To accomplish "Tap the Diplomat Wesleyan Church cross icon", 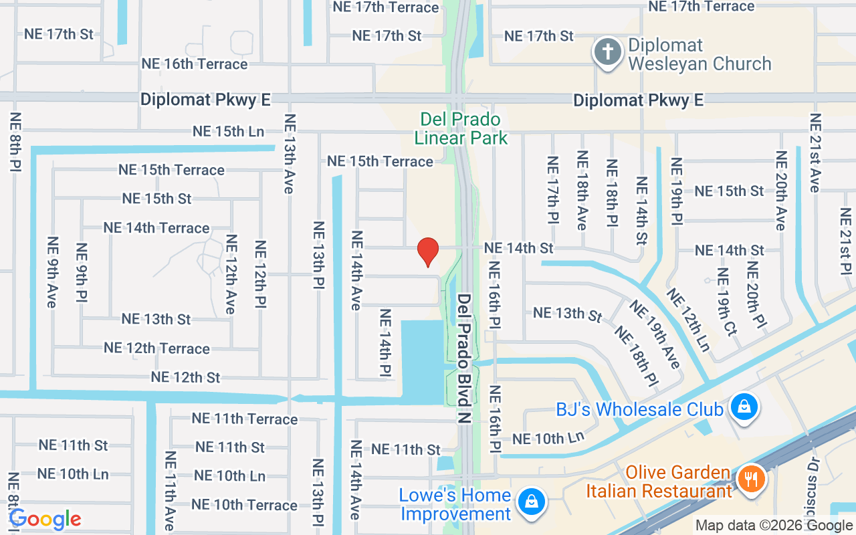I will (x=608, y=52).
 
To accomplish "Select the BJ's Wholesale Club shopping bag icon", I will (x=743, y=407).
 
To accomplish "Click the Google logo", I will (x=45, y=519).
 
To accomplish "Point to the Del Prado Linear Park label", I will (x=461, y=128).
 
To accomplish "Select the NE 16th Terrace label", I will (x=195, y=64).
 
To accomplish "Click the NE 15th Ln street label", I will (x=228, y=131).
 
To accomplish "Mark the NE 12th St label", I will (x=185, y=377).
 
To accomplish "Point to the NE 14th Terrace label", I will (x=156, y=228).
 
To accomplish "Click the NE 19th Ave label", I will (x=654, y=334).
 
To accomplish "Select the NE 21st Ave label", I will (x=815, y=152).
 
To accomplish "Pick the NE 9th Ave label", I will (x=51, y=272).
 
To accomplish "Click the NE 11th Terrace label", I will (x=245, y=419).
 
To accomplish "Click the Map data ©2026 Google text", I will (x=774, y=526).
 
